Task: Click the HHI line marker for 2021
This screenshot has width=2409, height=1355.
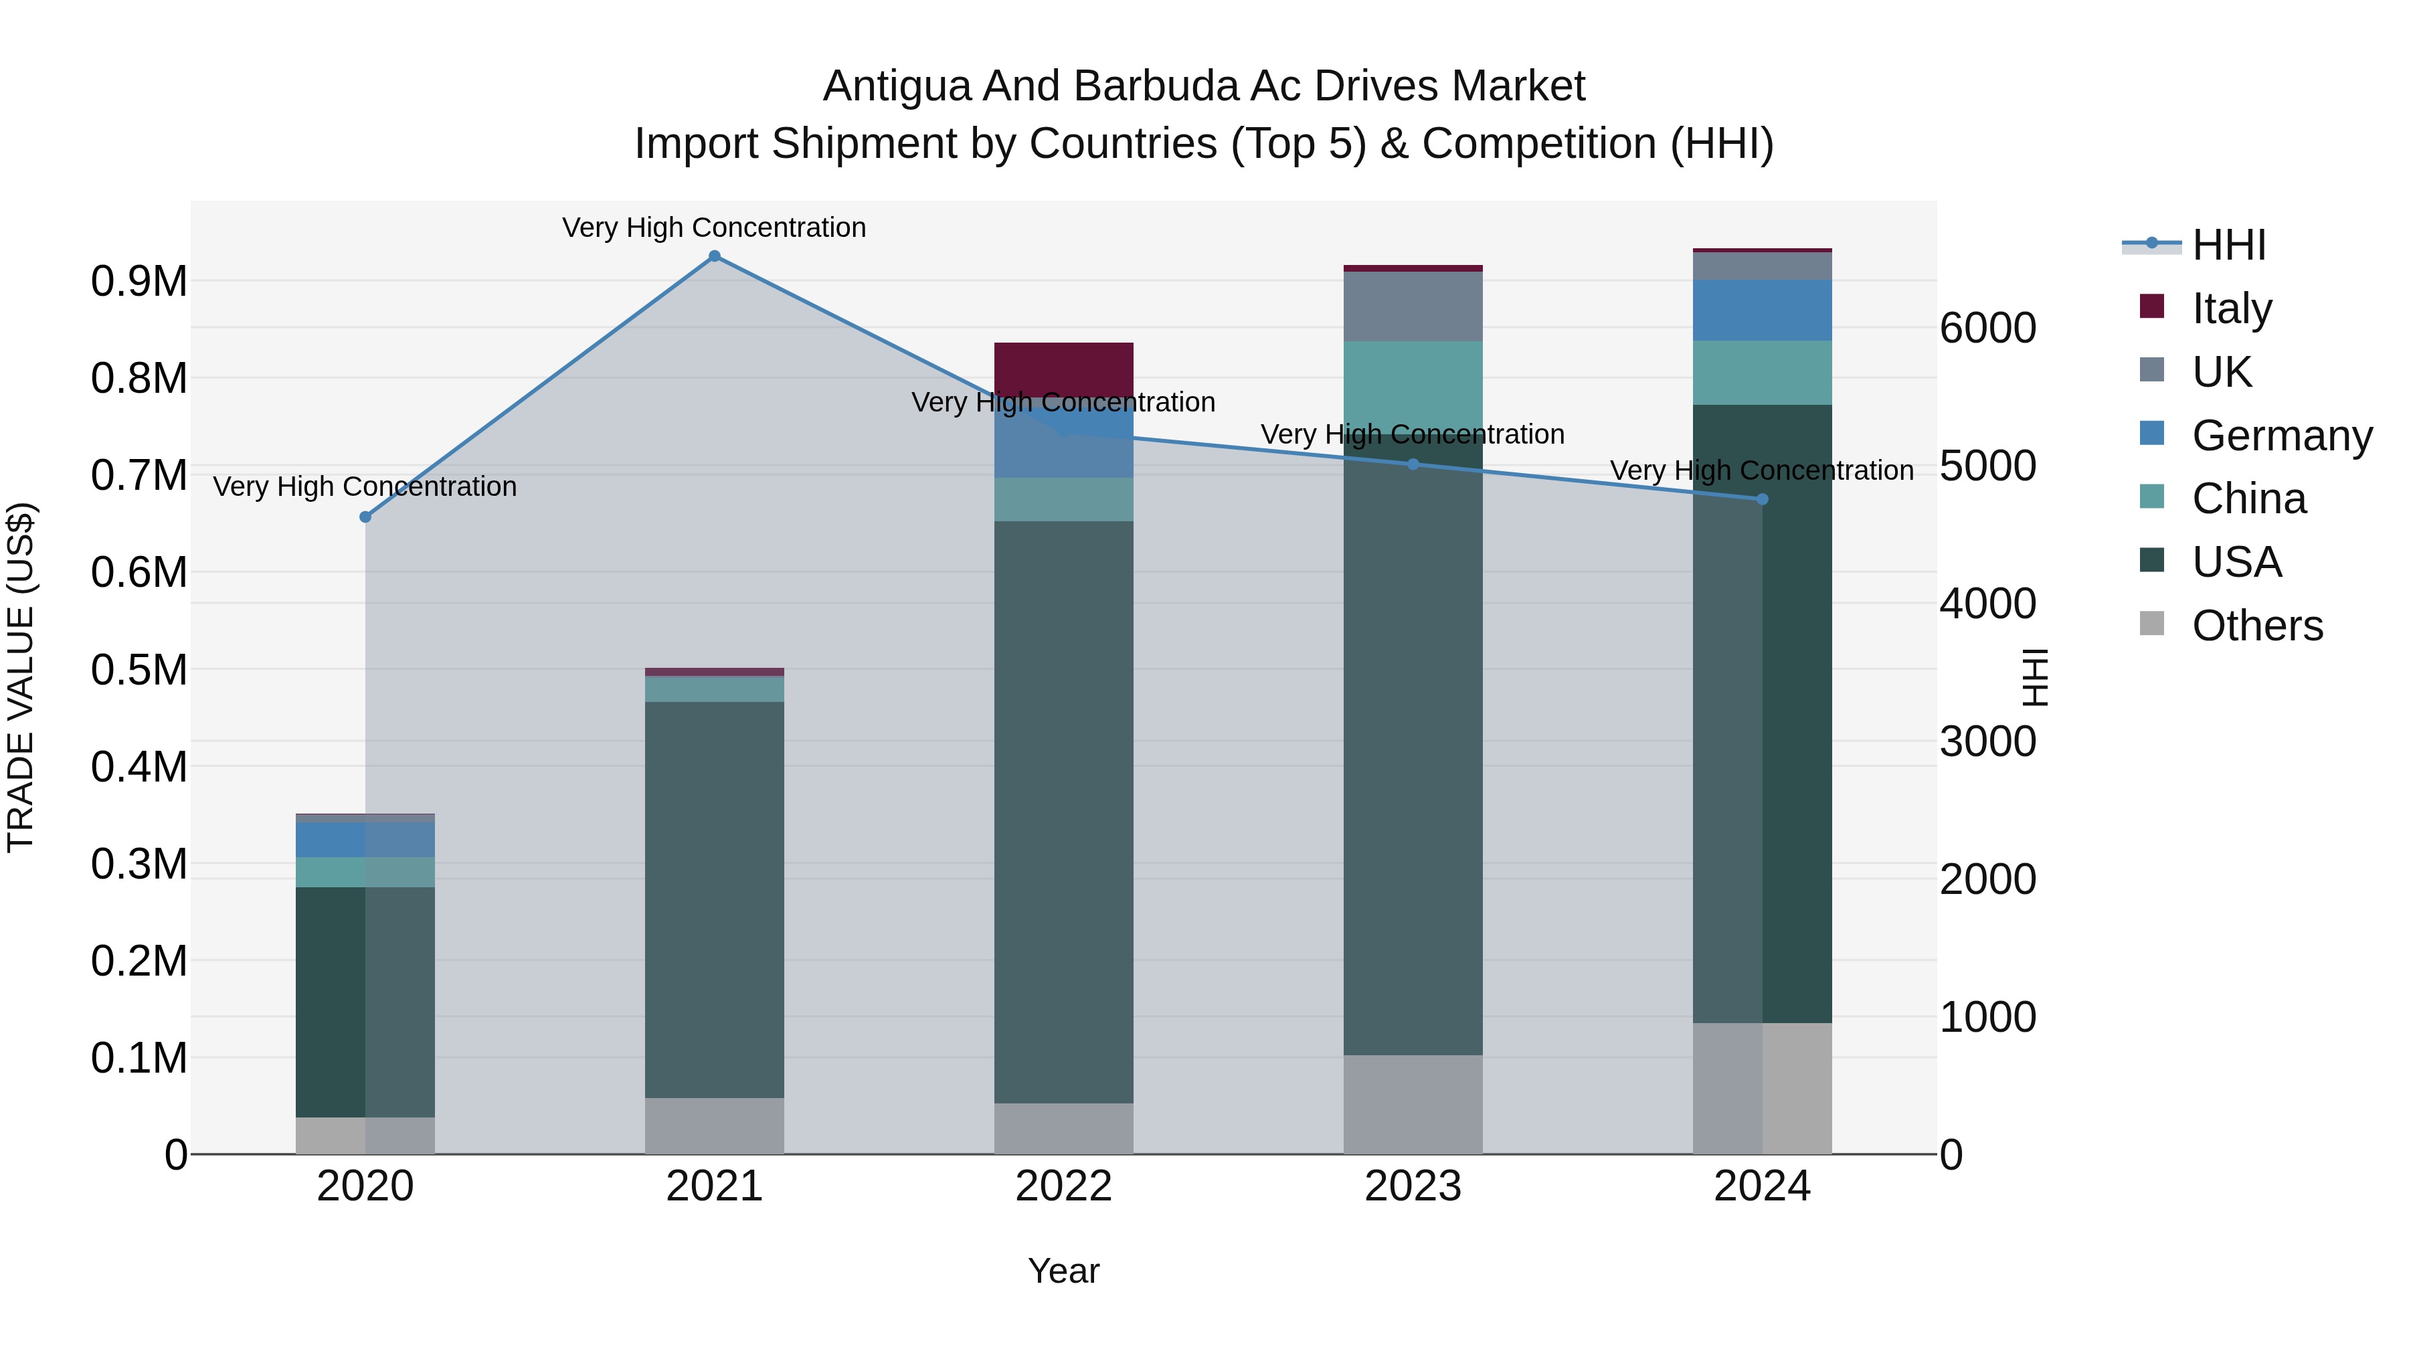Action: pos(715,256)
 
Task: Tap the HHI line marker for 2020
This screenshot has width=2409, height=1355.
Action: pos(365,517)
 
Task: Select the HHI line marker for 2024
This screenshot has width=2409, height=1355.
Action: pos(1762,499)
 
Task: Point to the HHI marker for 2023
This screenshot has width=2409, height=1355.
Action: pos(1413,464)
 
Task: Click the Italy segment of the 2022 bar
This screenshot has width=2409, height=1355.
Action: pos(1063,367)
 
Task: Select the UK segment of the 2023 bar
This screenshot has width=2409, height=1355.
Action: pos(1413,306)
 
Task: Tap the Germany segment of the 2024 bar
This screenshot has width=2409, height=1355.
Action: pos(1762,310)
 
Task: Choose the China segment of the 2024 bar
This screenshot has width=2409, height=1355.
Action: pos(1762,372)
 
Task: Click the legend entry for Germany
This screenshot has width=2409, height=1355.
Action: pos(2282,436)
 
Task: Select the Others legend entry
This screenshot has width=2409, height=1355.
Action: pos(2256,626)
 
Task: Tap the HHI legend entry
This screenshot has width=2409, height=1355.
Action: pos(2228,245)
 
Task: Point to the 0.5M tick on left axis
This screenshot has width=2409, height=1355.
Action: pos(139,670)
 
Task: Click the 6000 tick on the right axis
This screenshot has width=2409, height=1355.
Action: pos(1987,329)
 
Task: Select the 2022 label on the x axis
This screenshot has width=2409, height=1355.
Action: pos(1063,1186)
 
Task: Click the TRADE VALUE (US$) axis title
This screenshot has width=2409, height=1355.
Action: pos(21,677)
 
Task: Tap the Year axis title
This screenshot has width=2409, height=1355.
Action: pos(1063,1271)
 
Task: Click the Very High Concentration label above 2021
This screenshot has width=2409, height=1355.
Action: pos(715,228)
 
